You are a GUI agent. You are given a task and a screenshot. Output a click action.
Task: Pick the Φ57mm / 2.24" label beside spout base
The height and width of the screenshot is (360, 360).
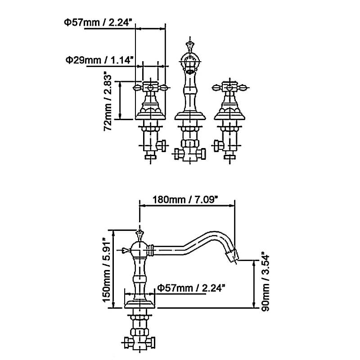pyautogui.click(x=191, y=288)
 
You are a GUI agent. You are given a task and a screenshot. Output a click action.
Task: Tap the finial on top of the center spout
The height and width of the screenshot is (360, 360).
pyautogui.click(x=190, y=45)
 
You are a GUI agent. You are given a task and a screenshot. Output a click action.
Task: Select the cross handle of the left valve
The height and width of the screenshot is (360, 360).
pyautogui.click(x=150, y=86)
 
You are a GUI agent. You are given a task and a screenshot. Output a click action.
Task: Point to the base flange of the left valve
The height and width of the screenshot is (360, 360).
pyautogui.click(x=150, y=117)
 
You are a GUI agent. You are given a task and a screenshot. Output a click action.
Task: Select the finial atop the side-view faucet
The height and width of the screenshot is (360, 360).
pyautogui.click(x=139, y=234)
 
